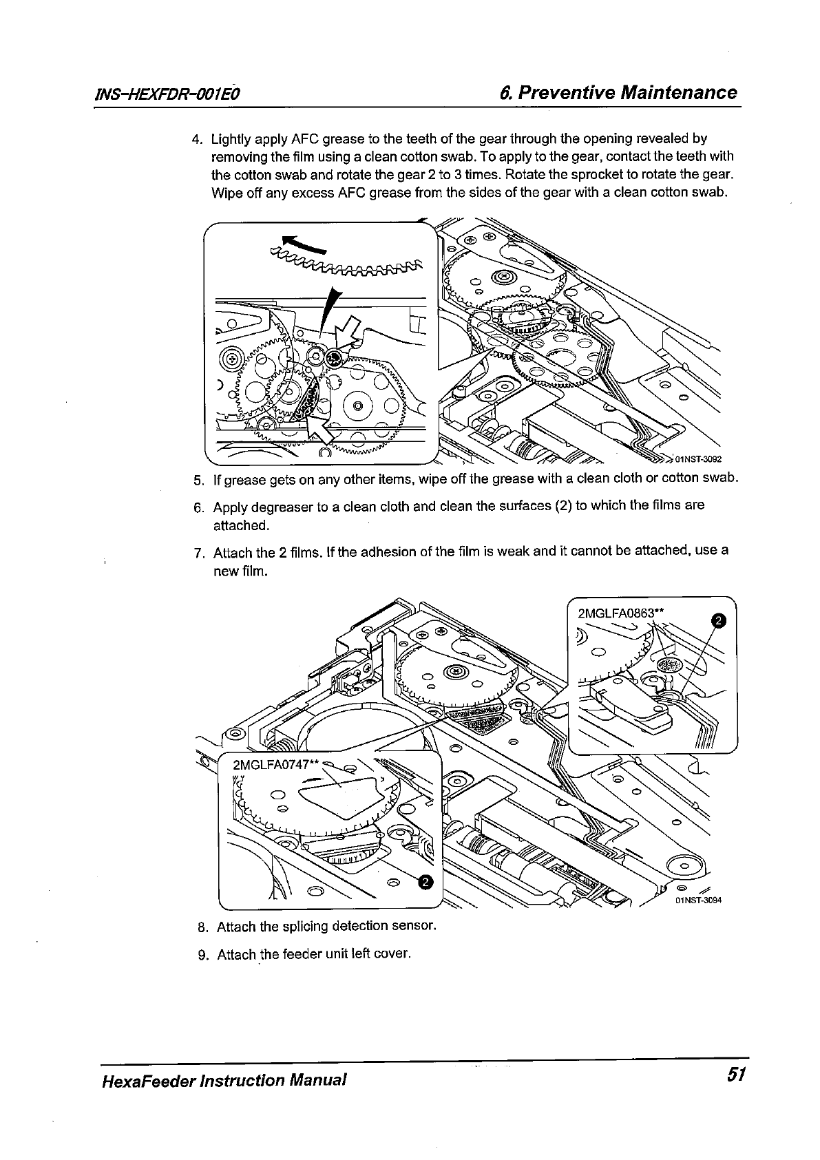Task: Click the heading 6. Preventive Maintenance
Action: (x=618, y=92)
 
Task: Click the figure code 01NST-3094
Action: (x=698, y=900)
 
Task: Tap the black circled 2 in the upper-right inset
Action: (x=717, y=621)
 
